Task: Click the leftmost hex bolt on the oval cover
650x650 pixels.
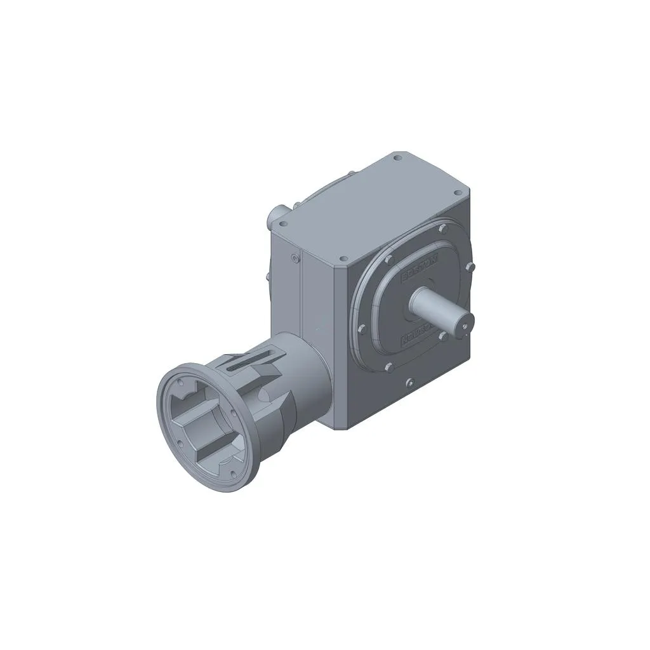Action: coord(361,329)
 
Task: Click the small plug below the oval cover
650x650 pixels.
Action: coord(409,383)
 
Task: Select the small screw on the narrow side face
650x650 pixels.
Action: coord(294,258)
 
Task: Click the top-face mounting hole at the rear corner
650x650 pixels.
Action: coord(397,158)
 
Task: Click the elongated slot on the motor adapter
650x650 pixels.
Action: coord(244,363)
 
